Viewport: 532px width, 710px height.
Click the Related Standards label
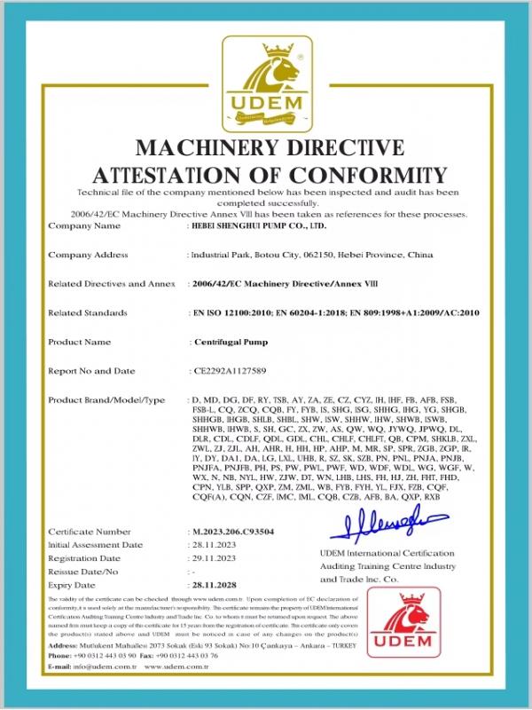tap(88, 312)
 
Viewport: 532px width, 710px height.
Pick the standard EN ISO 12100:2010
tap(233, 312)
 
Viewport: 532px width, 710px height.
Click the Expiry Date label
tap(74, 587)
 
